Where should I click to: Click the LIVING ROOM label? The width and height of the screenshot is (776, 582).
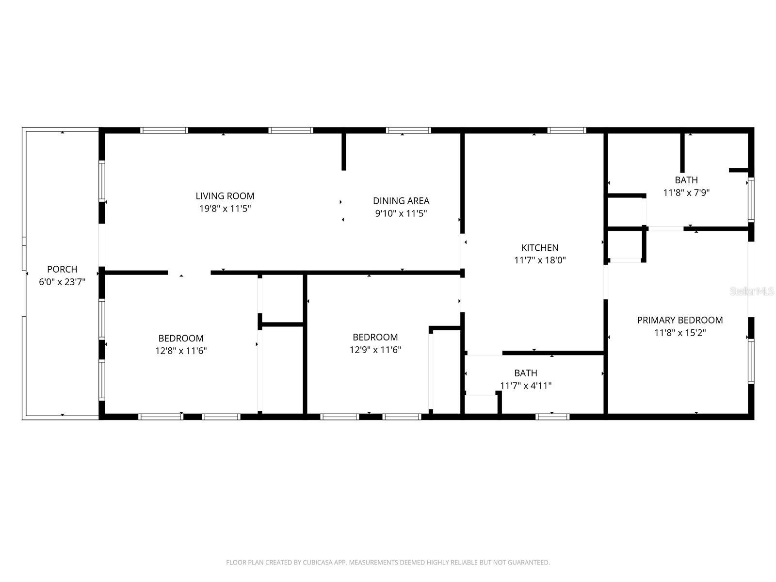pyautogui.click(x=225, y=196)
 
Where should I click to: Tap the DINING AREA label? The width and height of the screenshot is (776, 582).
pyautogui.click(x=401, y=201)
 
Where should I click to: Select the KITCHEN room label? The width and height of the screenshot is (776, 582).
pyautogui.click(x=540, y=248)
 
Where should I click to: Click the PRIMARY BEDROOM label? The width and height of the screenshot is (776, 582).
pyautogui.click(x=679, y=320)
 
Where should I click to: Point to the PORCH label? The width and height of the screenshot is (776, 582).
pyautogui.click(x=62, y=269)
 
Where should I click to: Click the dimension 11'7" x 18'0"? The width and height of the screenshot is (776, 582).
pyautogui.click(x=540, y=260)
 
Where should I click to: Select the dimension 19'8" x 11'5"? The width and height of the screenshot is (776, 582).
pyautogui.click(x=225, y=209)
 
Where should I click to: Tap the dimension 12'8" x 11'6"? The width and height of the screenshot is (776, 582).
pyautogui.click(x=181, y=351)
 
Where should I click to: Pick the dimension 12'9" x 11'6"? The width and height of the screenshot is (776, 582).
pyautogui.click(x=375, y=350)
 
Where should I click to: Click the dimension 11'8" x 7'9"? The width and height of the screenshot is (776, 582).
pyautogui.click(x=686, y=193)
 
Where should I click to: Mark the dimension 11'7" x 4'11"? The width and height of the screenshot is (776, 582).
pyautogui.click(x=526, y=386)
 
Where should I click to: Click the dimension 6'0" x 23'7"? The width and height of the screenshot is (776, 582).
pyautogui.click(x=62, y=282)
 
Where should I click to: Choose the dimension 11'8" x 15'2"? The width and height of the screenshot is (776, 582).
pyautogui.click(x=679, y=333)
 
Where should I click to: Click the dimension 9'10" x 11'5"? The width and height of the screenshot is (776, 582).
pyautogui.click(x=401, y=213)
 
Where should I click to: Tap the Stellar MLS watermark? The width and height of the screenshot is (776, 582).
pyautogui.click(x=752, y=291)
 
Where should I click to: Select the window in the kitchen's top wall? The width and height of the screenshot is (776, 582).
pyautogui.click(x=566, y=130)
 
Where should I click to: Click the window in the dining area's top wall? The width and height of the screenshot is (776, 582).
pyautogui.click(x=408, y=130)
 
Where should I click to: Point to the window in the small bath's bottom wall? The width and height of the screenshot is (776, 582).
pyautogui.click(x=552, y=417)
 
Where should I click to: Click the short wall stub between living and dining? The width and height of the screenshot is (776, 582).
pyautogui.click(x=344, y=151)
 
